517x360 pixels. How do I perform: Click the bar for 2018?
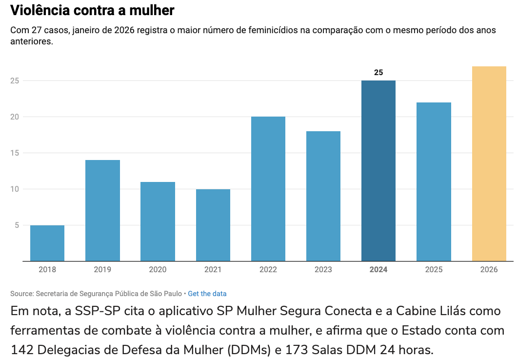[x=47, y=243]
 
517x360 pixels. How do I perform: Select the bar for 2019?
[x=102, y=210]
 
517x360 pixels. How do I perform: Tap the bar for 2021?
[x=213, y=225]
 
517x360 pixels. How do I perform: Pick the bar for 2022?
[x=268, y=189]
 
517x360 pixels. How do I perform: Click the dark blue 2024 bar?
[x=378, y=171]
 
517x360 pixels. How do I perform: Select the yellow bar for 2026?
[x=489, y=163]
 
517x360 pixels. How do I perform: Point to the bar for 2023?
[x=323, y=196]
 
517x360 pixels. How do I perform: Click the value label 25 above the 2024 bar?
[x=378, y=73]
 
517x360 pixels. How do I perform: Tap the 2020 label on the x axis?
[x=158, y=270]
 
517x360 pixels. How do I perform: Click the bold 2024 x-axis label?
[x=378, y=270]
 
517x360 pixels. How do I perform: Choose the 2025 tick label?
[x=434, y=270]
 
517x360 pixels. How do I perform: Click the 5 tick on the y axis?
[x=17, y=225]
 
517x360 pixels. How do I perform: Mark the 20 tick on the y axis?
[x=15, y=117]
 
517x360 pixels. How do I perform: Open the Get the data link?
[x=207, y=294]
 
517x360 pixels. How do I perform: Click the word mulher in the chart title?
[x=151, y=10]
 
